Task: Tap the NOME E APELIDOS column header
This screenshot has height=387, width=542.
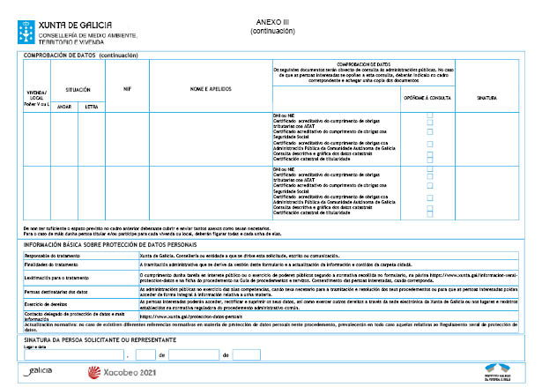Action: (210, 89)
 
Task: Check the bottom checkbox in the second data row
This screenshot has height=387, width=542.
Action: (430, 212)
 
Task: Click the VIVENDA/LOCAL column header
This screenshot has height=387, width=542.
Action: (35, 94)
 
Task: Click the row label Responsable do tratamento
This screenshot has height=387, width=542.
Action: (52, 254)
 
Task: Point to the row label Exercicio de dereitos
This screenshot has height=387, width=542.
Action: (46, 301)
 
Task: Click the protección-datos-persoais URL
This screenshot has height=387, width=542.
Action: (180, 315)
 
